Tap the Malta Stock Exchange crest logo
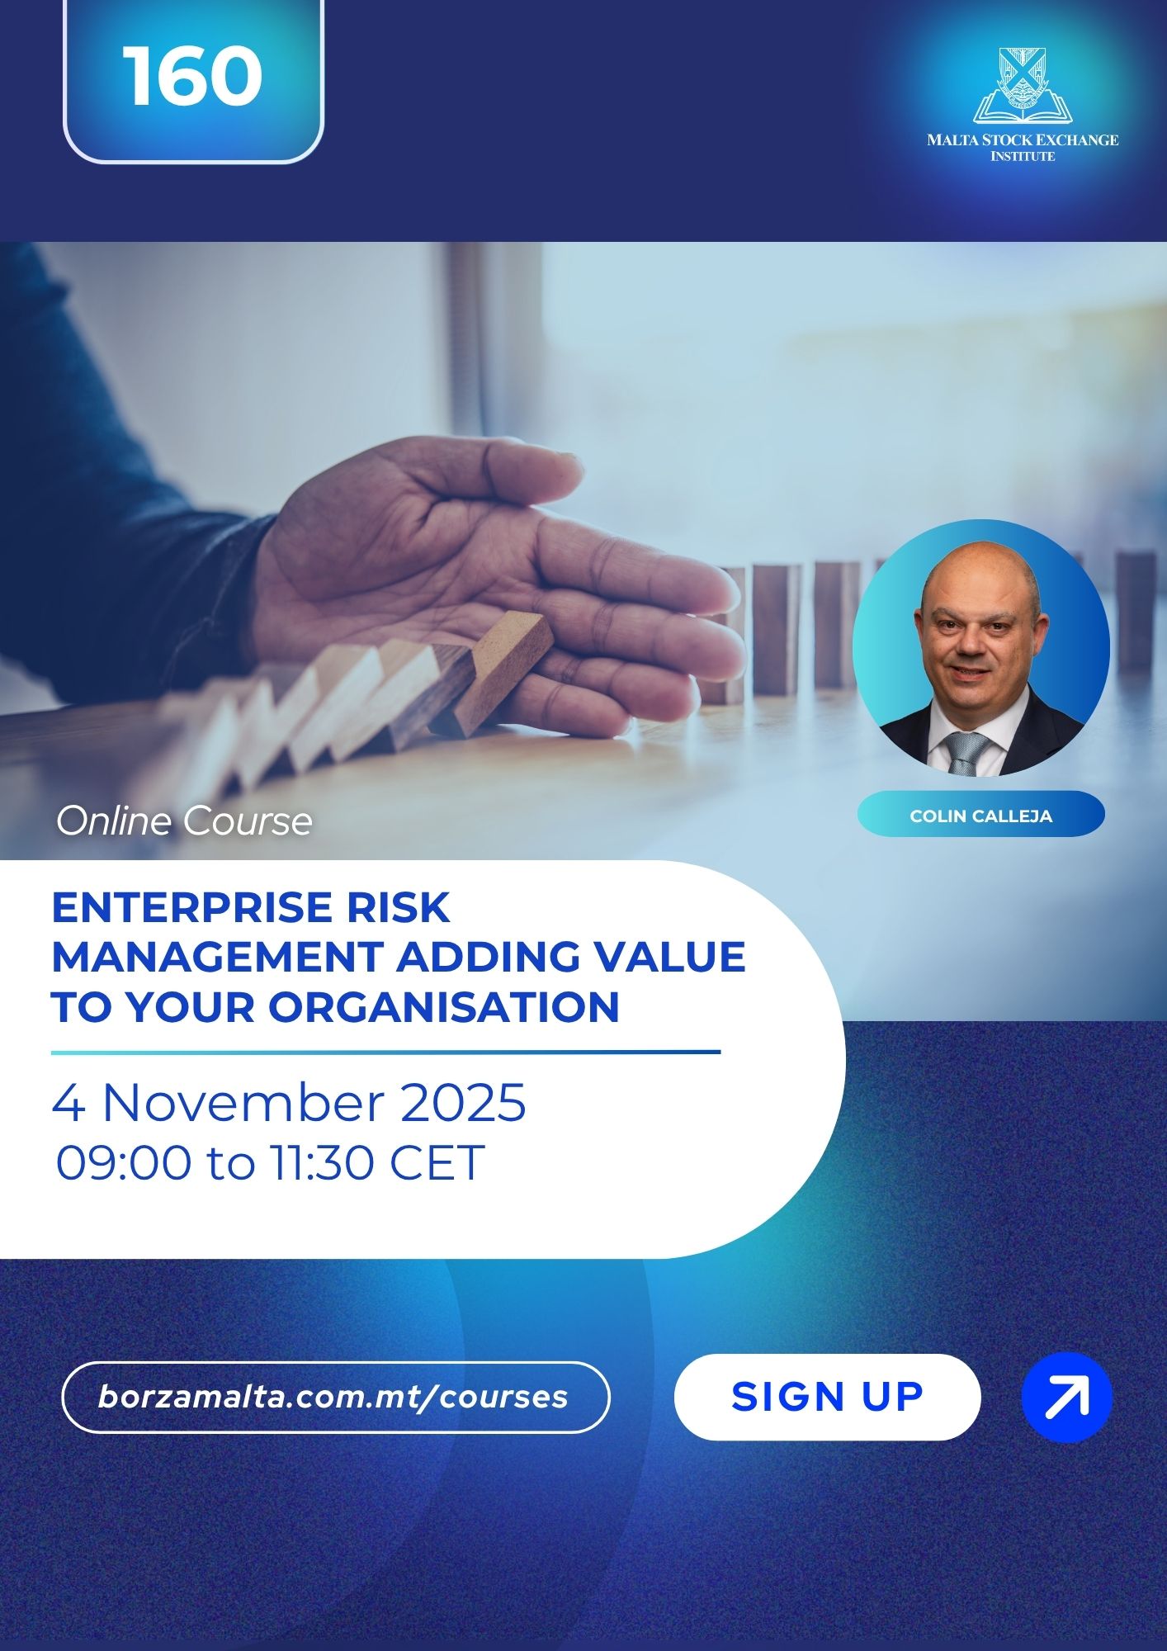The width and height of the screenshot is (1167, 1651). click(1023, 85)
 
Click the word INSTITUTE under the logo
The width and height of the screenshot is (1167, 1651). click(1023, 156)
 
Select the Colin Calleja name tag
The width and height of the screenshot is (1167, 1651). click(980, 815)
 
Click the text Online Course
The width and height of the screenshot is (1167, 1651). click(184, 821)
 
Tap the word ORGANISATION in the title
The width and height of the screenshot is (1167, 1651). click(443, 1006)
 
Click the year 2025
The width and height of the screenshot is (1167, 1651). click(463, 1102)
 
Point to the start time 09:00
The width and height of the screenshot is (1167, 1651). click(123, 1163)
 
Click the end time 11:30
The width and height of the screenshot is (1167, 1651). click(322, 1163)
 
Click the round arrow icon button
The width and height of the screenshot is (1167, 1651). click(1066, 1398)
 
